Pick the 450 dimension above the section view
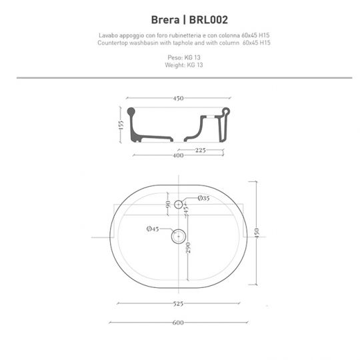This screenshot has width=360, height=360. coord(178,99)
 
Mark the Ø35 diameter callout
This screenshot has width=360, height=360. coord(204,199)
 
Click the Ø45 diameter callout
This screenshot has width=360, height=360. coord(152,229)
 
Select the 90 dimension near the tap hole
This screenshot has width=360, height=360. coord(169,204)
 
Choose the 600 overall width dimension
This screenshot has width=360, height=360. coord(179,324)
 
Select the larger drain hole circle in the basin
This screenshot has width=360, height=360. coord(178,235)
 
